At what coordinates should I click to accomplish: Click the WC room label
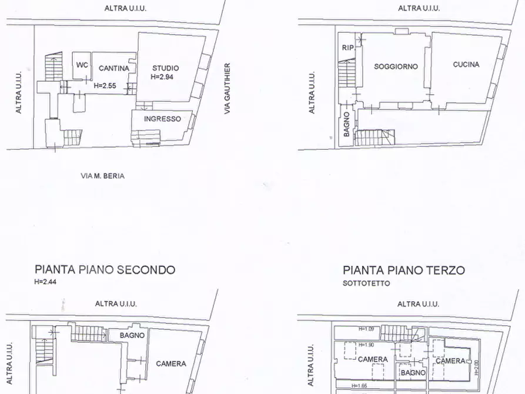82,65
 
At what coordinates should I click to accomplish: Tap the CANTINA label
113,68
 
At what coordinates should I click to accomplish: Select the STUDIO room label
165,68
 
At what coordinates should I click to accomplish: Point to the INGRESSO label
162,119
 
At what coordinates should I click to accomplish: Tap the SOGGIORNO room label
396,66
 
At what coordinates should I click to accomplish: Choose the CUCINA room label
466,65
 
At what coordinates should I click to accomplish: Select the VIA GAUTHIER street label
227,88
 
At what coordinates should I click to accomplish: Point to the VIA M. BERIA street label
102,175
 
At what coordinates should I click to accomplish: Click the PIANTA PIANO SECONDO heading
105,270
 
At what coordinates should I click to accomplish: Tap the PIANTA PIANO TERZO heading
404,271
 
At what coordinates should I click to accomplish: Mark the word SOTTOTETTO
366,283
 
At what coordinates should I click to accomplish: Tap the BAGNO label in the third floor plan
412,372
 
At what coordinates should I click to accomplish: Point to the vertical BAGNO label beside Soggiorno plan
347,124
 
